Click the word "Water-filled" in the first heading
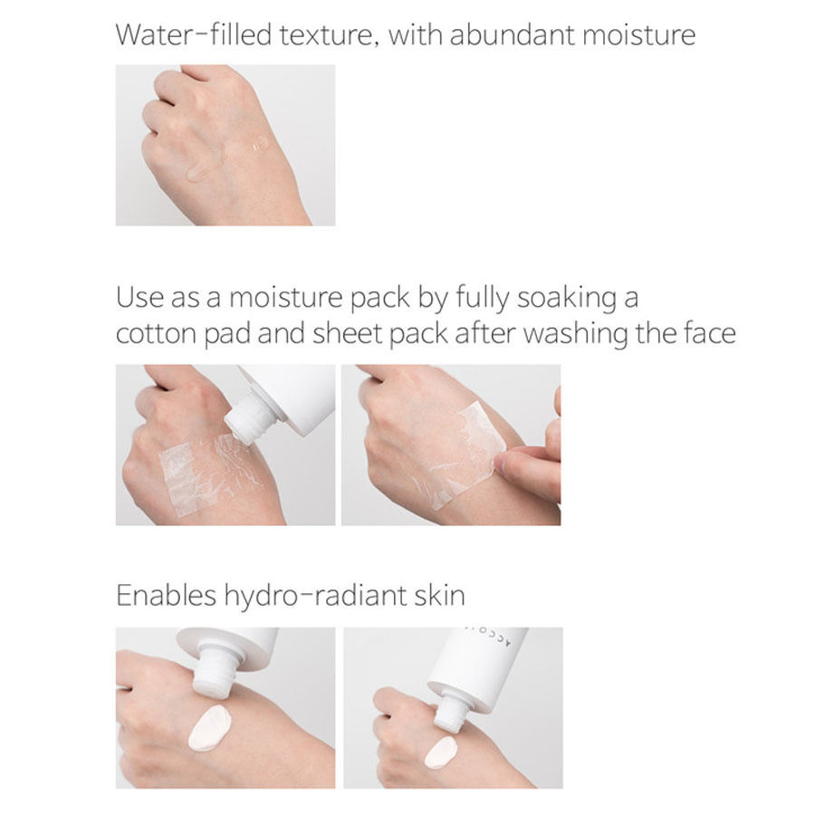tap(194, 34)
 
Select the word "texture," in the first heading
tap(329, 35)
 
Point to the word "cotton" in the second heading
tap(156, 333)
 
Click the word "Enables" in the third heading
tap(166, 595)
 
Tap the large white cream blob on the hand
tap(209, 728)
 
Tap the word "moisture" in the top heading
tap(638, 34)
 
